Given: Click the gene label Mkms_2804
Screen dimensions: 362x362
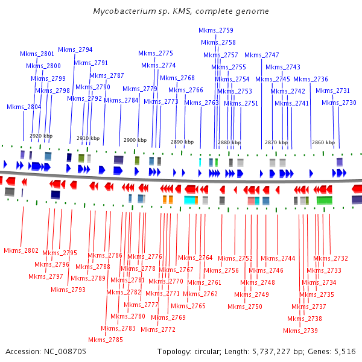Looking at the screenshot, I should [x=24, y=107].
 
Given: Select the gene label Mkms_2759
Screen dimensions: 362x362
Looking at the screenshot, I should [x=216, y=30].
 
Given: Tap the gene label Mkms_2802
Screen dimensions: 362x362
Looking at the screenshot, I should [x=21, y=250].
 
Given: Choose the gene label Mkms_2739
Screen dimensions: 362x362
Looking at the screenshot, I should [x=300, y=331].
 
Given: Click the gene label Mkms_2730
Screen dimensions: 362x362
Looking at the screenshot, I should [x=339, y=103].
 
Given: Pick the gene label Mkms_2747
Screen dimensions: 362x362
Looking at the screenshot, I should [x=262, y=55].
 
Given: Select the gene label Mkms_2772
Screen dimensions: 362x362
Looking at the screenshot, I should [x=158, y=329].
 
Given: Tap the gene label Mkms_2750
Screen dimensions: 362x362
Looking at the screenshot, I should [x=245, y=306].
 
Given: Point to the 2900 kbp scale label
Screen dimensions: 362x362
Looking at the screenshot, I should [x=135, y=140].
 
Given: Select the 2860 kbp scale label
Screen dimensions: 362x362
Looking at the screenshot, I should [x=323, y=142].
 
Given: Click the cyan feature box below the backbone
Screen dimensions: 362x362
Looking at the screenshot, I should [x=190, y=200].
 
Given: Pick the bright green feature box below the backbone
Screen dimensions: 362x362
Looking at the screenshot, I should [x=325, y=200].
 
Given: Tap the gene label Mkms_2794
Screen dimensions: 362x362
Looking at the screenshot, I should [x=75, y=49].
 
